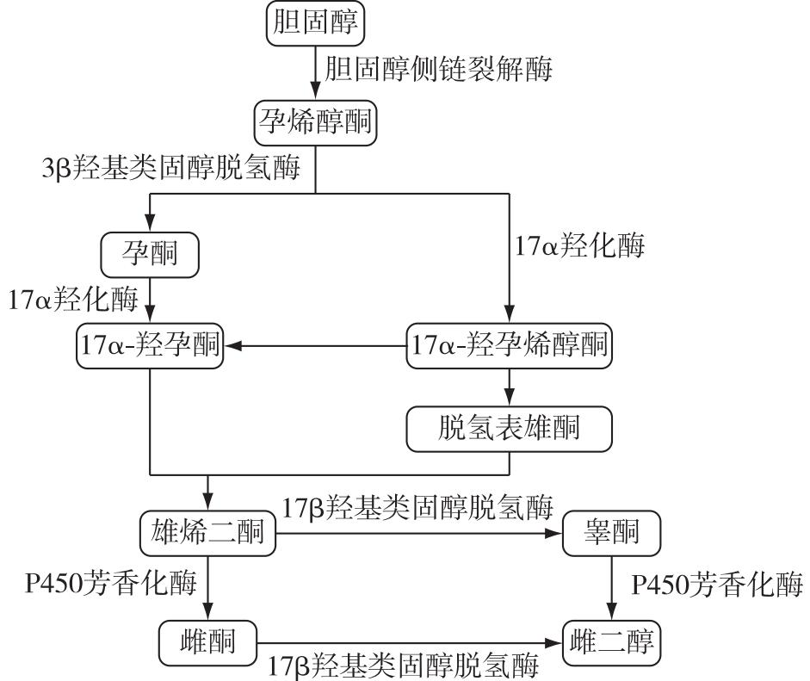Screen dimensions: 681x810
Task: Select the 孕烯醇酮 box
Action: (316, 123)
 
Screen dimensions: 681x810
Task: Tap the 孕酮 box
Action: (150, 253)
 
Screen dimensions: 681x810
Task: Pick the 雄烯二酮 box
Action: (207, 536)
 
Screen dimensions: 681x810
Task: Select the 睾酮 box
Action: (611, 536)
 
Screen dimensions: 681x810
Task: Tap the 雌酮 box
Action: (207, 641)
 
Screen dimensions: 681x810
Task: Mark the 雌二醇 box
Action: (611, 641)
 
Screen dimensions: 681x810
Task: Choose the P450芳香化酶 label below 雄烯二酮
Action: (110, 585)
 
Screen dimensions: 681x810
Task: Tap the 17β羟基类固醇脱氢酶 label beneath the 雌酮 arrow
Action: (405, 666)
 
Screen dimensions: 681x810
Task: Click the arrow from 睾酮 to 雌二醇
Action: (611, 589)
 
